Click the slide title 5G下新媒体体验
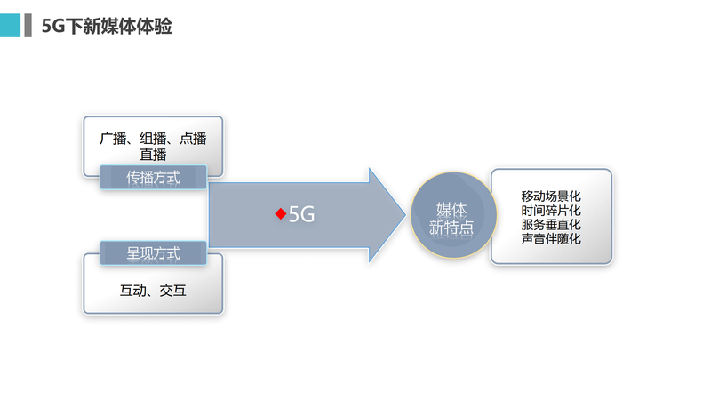(107, 26)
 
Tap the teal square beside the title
(10, 25)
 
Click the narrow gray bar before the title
(28, 25)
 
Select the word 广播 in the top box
(114, 139)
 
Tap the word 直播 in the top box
(153, 154)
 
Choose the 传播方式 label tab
(153, 177)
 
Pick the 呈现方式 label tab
(153, 253)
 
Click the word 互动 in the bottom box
(133, 290)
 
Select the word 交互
(172, 290)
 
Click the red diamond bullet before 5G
(280, 214)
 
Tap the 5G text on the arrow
(302, 214)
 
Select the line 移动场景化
(551, 196)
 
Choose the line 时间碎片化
(551, 210)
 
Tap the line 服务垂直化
(551, 224)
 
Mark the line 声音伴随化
(551, 238)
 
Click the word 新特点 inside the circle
(451, 227)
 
